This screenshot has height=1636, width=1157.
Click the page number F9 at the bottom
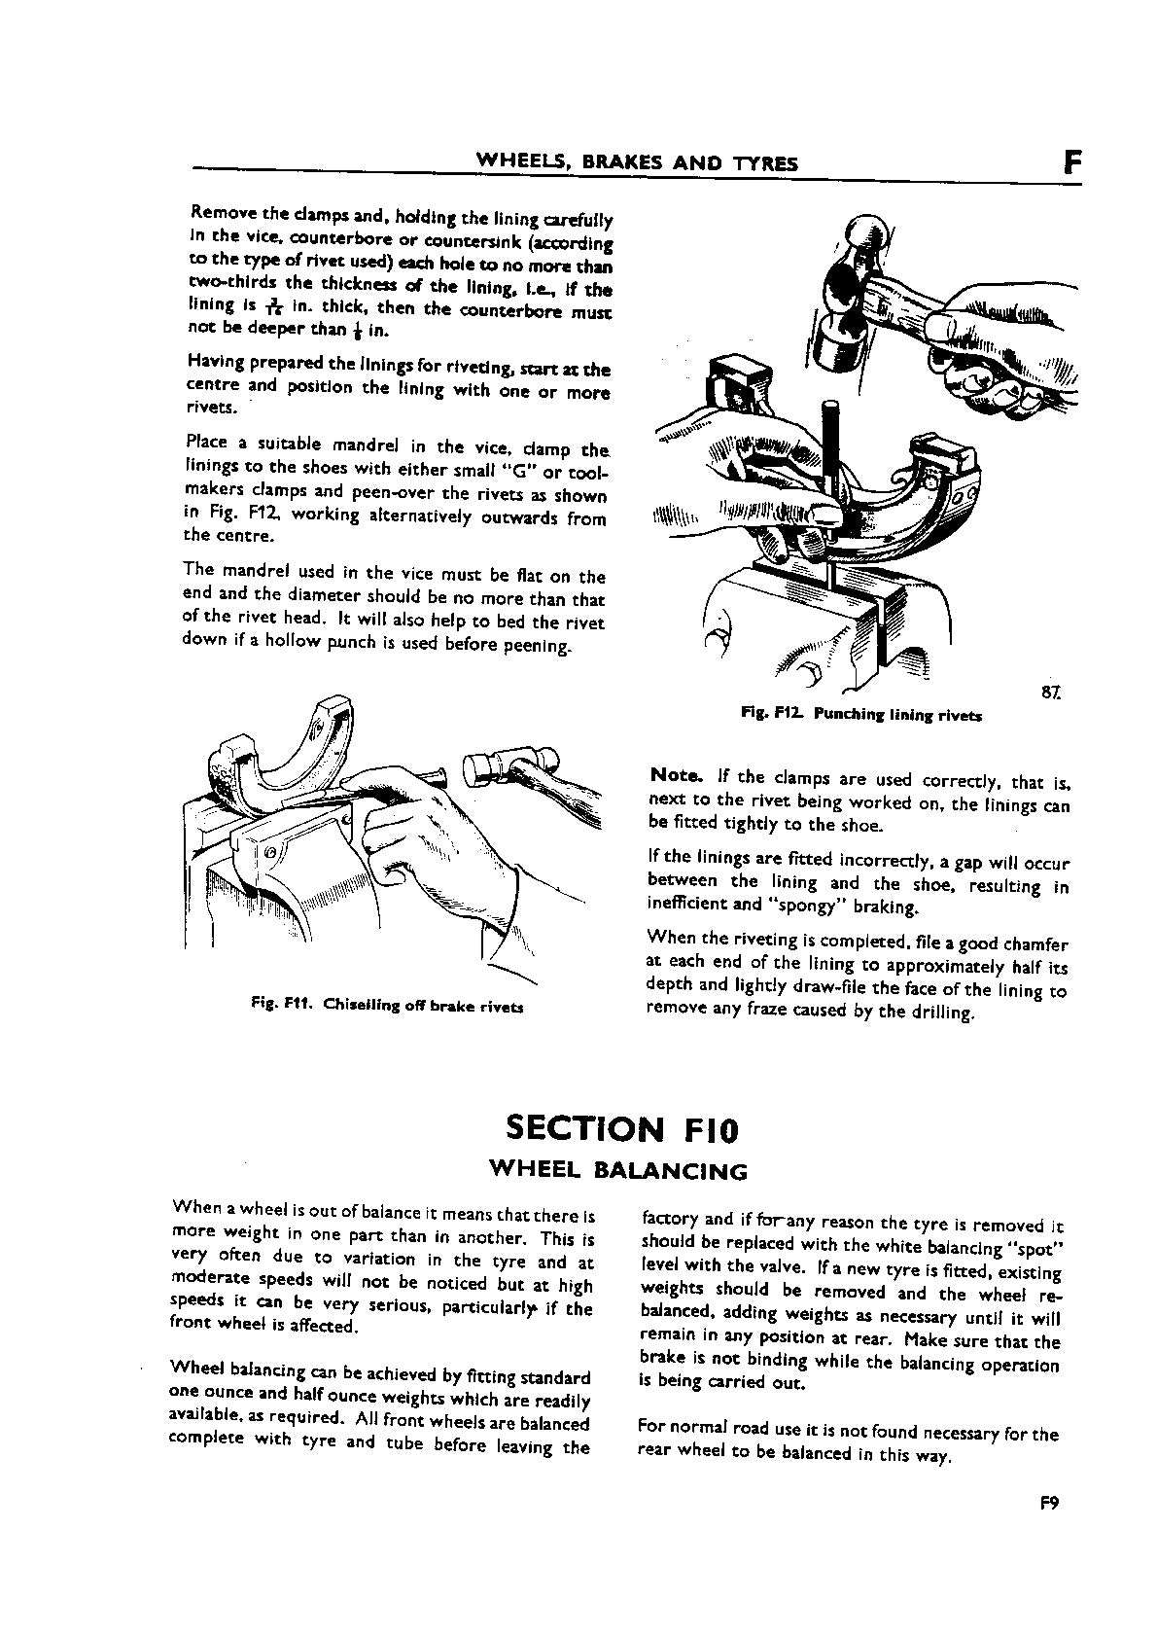pos(1048,1528)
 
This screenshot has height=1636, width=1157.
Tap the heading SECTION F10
pos(622,1129)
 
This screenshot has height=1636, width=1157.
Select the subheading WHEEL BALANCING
pos(618,1170)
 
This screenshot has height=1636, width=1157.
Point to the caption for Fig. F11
pos(387,1007)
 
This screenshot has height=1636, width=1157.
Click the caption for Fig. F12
pos(860,715)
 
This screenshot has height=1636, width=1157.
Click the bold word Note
pos(675,775)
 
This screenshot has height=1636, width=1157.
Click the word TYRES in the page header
pos(766,163)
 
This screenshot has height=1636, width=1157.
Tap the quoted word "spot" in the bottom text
pos(1032,1248)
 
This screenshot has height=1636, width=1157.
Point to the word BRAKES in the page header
pos(622,163)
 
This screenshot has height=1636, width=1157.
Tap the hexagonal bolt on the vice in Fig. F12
pos(811,675)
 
